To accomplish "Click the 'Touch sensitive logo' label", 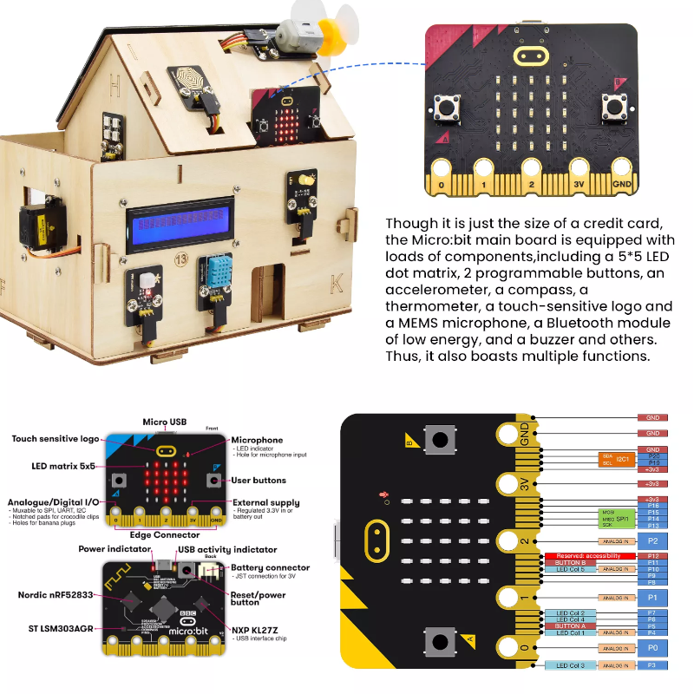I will [x=56, y=439].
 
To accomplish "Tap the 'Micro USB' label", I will [x=166, y=422].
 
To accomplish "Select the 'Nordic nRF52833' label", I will [x=56, y=595].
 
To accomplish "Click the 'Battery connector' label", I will [x=270, y=568].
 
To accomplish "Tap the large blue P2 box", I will [x=652, y=540].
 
